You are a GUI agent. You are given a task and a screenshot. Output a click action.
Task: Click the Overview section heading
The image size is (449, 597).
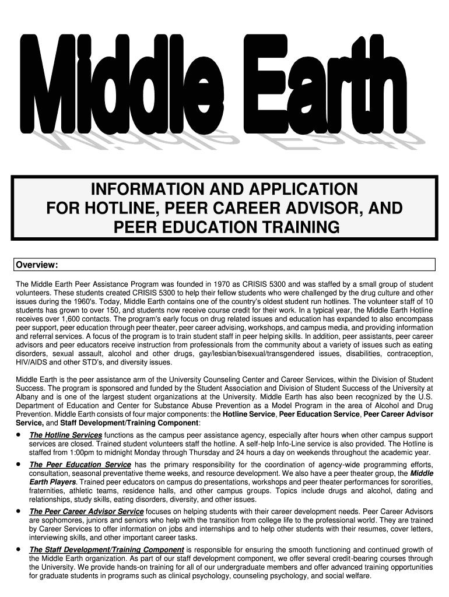[36, 266]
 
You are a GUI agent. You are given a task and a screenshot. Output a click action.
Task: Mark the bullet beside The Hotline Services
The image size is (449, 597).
[20, 435]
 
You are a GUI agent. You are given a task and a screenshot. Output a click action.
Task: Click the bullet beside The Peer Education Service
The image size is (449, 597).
[20, 464]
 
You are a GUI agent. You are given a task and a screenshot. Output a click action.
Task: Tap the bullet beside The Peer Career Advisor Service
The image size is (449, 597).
[20, 511]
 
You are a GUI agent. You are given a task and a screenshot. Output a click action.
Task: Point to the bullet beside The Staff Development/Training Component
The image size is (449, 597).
[20, 549]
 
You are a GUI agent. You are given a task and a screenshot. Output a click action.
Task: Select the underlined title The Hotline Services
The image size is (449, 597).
[66, 436]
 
